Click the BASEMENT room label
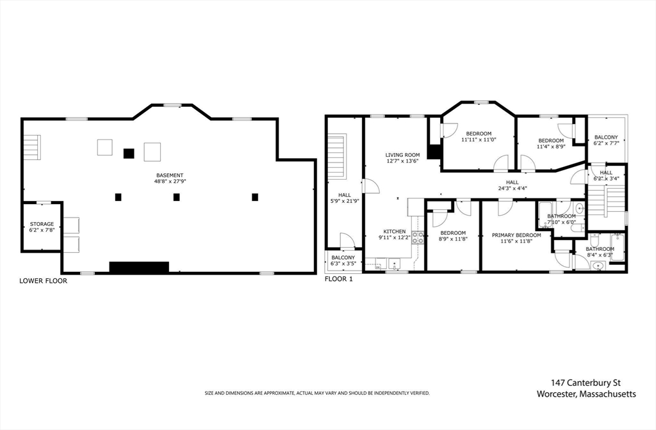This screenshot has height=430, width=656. [x=170, y=175]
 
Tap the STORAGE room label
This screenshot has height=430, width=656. [x=42, y=225]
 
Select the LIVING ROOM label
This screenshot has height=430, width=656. [x=402, y=155]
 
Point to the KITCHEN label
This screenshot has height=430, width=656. [x=395, y=232]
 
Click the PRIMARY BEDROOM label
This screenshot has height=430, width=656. [x=516, y=235]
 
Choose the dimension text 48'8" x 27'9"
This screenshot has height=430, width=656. [x=170, y=181]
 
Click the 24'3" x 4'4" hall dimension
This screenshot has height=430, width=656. [x=512, y=188]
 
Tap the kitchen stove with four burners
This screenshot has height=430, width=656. [x=418, y=237]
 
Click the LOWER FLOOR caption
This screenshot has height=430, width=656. [x=43, y=281]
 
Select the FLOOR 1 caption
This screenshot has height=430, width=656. [x=339, y=279]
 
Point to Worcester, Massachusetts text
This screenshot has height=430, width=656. [x=586, y=394]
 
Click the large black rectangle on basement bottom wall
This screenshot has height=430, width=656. [x=139, y=267]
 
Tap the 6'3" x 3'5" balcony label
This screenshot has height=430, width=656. [x=343, y=264]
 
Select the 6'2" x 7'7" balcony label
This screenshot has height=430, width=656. [x=606, y=143]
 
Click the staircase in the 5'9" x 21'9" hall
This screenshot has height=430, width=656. [x=337, y=156]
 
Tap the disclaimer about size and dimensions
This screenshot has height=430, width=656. [x=317, y=394]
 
